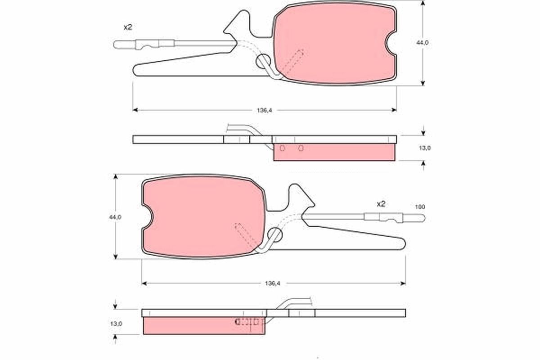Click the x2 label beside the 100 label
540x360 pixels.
tap(381, 204)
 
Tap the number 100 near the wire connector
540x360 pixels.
tap(419, 207)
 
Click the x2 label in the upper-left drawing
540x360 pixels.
tap(128, 27)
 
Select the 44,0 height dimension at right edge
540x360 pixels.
tap(422, 42)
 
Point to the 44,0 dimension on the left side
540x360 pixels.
tap(115, 217)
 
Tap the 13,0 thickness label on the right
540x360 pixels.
tap(425, 148)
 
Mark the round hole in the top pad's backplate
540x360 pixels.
tap(263, 62)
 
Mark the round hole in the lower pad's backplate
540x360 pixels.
tap(274, 234)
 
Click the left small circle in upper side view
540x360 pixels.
tap(282, 148)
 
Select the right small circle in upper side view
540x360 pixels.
tap(301, 148)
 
